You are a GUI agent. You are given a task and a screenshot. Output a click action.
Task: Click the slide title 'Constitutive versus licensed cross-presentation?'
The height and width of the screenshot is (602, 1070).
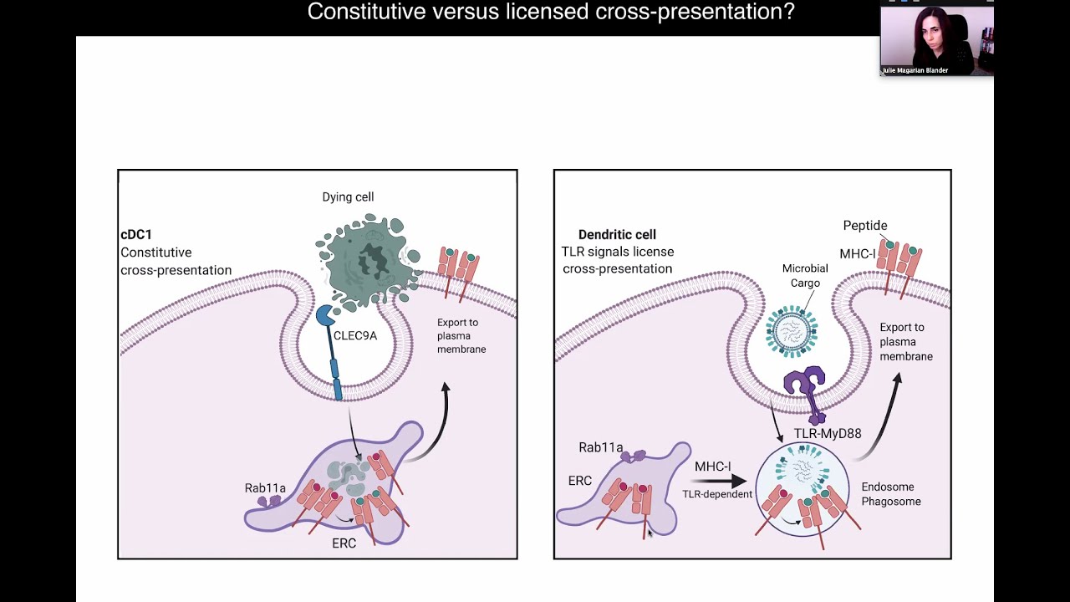point(551,12)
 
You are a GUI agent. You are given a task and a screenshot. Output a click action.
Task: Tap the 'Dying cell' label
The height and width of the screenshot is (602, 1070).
point(348,197)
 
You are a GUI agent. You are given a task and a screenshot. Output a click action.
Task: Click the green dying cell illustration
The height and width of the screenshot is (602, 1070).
point(366,261)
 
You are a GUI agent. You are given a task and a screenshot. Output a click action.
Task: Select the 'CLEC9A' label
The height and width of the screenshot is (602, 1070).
point(355,336)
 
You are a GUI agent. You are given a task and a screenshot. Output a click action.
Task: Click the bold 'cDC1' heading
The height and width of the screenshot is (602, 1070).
point(136,235)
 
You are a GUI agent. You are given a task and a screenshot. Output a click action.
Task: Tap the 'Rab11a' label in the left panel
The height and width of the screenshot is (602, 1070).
point(265,488)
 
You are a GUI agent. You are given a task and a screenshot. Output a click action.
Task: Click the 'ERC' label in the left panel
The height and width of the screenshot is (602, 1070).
point(344,543)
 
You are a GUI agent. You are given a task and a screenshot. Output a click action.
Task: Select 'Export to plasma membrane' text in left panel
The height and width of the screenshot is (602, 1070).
point(461,336)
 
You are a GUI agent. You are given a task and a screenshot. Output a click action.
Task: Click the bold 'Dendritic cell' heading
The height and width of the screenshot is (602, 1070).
point(617,235)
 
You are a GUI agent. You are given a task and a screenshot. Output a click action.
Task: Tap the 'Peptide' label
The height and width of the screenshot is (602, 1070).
point(865,226)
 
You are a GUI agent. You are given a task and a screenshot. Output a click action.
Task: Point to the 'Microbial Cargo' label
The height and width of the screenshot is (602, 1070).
point(805,276)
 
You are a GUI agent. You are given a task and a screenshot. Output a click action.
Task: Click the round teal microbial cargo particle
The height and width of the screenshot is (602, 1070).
point(792,331)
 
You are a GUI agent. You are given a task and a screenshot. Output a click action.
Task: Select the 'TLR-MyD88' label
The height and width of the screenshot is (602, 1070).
point(827,434)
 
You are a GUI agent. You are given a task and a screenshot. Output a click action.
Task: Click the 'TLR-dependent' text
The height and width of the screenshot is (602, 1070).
point(717,494)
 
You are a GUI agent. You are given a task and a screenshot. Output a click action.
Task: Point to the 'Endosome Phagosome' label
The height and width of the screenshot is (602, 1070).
point(891,494)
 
